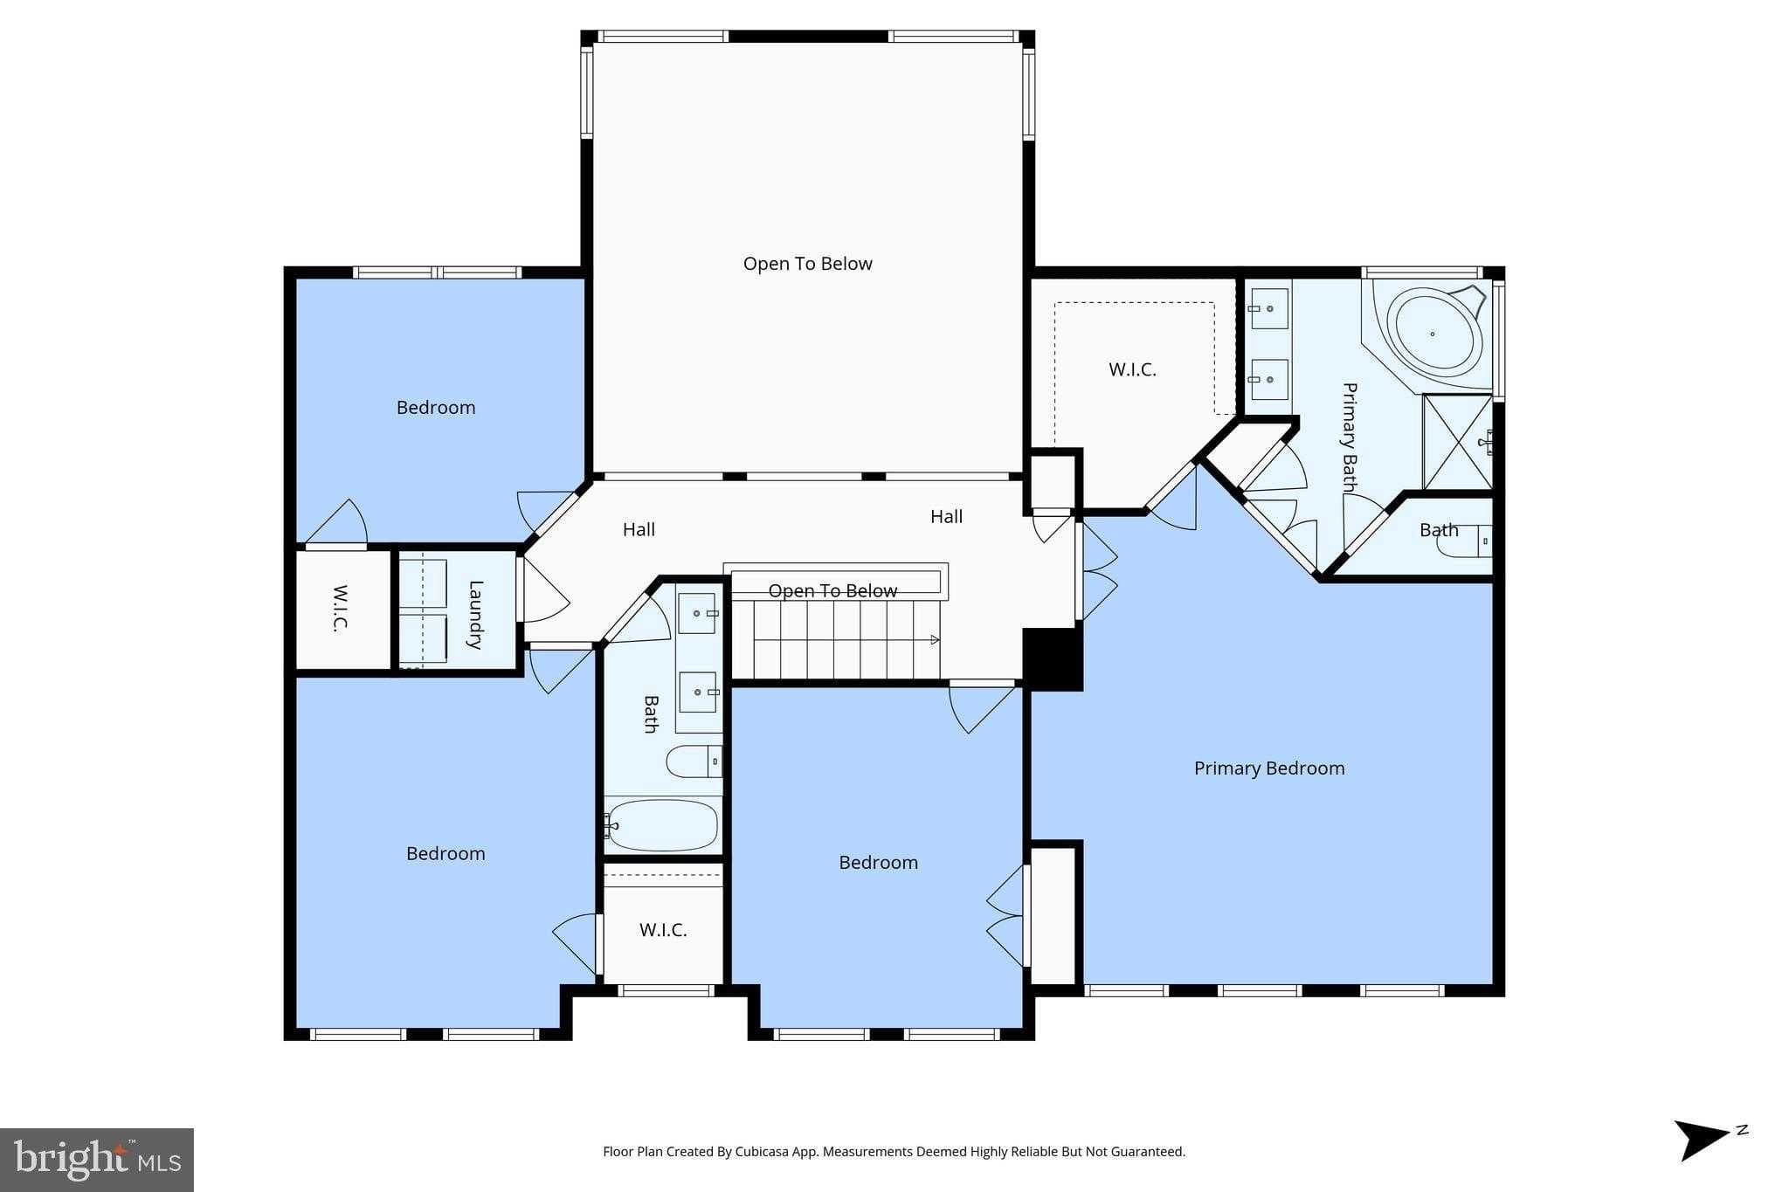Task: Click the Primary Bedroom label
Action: pos(1269,768)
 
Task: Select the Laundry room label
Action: pos(475,615)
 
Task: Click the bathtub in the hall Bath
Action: pos(662,825)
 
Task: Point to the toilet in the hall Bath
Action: pos(694,761)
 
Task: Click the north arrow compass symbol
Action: pos(1708,1138)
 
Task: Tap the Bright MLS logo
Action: pos(97,1159)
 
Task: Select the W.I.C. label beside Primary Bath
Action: pos(1133,369)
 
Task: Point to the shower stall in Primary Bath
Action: pos(1457,442)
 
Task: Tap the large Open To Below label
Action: pos(808,264)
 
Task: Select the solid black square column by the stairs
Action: pos(1053,658)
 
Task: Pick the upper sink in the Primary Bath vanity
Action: pos(1268,309)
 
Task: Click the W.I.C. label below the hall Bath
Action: pos(663,930)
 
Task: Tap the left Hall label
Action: pos(639,529)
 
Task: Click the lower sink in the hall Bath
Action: pos(699,692)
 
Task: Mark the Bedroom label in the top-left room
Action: pos(436,408)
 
